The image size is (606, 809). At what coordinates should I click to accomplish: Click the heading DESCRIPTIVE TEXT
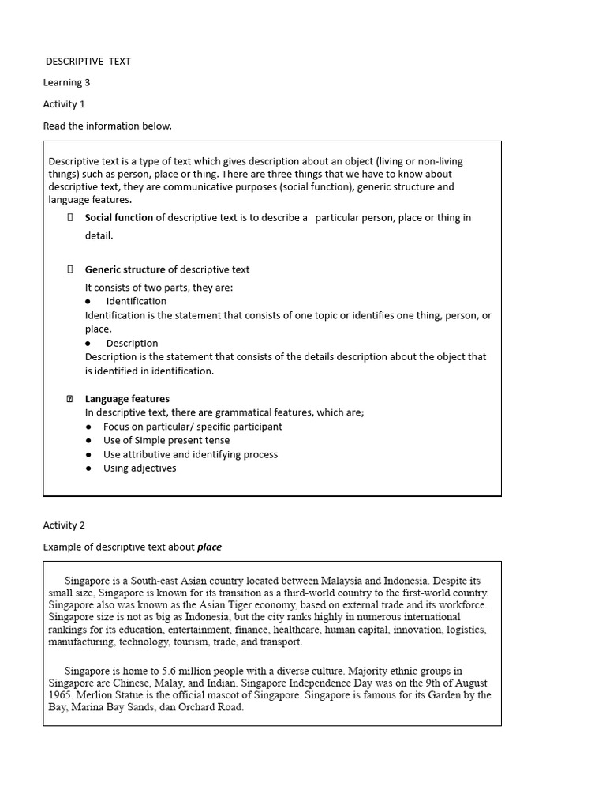coord(88,61)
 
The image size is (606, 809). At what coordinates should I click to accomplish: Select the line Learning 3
coord(67,82)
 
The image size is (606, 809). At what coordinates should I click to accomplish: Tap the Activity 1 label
coord(64,103)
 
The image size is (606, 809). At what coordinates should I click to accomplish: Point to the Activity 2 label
coord(64,525)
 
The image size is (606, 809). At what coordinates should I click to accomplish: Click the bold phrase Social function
coord(119,217)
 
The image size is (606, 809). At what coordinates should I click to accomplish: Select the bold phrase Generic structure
coord(125,269)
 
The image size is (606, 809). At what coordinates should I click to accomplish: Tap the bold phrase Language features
coord(127,399)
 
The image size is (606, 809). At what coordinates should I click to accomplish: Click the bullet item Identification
coord(137,301)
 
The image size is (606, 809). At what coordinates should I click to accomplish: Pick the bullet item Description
coord(132,343)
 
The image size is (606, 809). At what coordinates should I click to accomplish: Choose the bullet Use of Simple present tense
coord(166,440)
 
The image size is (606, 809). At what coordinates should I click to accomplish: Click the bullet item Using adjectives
coord(140,468)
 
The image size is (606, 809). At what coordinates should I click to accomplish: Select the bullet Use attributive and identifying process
coord(190,454)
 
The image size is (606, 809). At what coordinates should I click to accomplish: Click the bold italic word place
coord(209,547)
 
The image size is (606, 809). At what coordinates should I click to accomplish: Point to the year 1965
coord(60,695)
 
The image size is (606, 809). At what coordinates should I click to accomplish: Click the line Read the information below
coord(107,126)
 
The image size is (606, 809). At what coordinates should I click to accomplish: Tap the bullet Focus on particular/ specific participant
coord(193,427)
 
